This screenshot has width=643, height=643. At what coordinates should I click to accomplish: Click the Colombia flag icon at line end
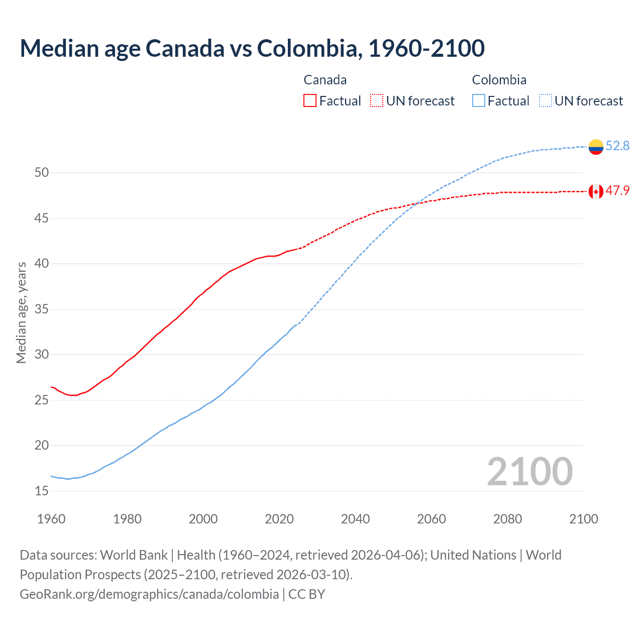click(596, 147)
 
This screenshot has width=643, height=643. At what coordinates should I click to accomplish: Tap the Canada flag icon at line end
click(596, 191)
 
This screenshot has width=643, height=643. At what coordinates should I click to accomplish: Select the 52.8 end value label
click(617, 146)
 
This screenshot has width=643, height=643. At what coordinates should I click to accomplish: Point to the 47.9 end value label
click(617, 191)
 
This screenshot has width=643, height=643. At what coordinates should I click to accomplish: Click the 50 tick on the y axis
click(42, 173)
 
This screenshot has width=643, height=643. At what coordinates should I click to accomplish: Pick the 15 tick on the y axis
click(42, 491)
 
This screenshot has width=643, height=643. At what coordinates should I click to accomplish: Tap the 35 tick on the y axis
click(42, 309)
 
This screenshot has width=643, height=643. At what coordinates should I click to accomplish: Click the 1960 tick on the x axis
click(51, 519)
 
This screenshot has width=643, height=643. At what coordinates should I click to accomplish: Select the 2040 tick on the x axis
click(355, 519)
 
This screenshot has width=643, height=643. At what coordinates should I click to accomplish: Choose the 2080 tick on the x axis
click(507, 519)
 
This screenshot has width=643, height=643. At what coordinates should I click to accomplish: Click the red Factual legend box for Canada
click(310, 101)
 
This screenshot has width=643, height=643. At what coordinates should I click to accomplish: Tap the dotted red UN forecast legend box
click(377, 101)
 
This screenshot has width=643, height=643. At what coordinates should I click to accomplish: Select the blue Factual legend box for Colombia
click(479, 101)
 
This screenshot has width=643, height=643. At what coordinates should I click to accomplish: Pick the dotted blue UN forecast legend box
click(546, 101)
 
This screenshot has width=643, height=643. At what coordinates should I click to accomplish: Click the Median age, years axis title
click(21, 312)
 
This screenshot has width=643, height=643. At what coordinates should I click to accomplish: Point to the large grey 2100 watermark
click(529, 472)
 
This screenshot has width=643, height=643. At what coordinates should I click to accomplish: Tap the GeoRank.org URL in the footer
click(149, 594)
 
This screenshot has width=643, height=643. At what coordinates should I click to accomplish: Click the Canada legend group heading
click(325, 80)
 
